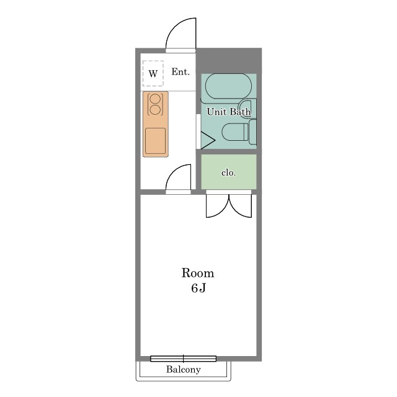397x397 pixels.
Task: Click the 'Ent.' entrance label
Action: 181,72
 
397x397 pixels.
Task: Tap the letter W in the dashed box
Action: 153,74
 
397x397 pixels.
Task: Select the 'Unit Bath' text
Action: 229,112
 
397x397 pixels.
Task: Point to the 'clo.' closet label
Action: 229,172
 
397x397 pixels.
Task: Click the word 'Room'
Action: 198,273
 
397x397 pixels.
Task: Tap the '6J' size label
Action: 198,288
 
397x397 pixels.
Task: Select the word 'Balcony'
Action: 184,370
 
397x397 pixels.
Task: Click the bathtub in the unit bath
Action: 228,86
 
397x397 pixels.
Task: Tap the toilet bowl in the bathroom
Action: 235,132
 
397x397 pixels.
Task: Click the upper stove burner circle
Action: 155,99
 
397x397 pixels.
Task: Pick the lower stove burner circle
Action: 155,110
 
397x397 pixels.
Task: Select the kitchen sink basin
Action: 156,141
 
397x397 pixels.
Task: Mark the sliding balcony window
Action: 184,359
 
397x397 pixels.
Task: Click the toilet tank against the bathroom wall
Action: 252,132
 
